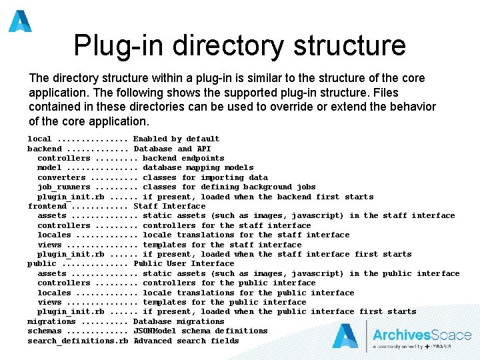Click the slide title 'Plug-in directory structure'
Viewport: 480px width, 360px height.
pyautogui.click(x=239, y=45)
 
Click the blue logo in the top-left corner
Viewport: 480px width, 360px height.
pyautogui.click(x=20, y=21)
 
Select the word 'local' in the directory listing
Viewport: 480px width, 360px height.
pyautogui.click(x=39, y=139)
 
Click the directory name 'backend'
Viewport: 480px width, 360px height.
pyautogui.click(x=44, y=149)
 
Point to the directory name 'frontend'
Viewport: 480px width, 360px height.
pyautogui.click(x=47, y=206)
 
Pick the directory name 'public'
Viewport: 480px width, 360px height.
pyautogui.click(x=41, y=263)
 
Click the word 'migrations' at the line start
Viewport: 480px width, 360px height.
pyautogui.click(x=51, y=321)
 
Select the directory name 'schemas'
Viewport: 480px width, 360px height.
pyautogui.click(x=44, y=331)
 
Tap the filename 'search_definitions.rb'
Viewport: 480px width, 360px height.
pyautogui.click(x=77, y=341)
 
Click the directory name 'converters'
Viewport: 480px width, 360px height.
pyautogui.click(x=61, y=177)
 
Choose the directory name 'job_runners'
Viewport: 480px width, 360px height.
pyautogui.click(x=63, y=187)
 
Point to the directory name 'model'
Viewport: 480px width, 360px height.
pyautogui.click(x=49, y=167)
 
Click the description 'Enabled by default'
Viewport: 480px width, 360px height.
pyautogui.click(x=177, y=139)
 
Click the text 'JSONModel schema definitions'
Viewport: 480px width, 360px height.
pyautogui.click(x=201, y=331)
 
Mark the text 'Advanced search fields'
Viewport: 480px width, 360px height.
pyautogui.click(x=186, y=341)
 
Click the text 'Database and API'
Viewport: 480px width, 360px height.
pyautogui.click(x=172, y=149)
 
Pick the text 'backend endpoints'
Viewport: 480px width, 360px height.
pyautogui.click(x=183, y=158)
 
